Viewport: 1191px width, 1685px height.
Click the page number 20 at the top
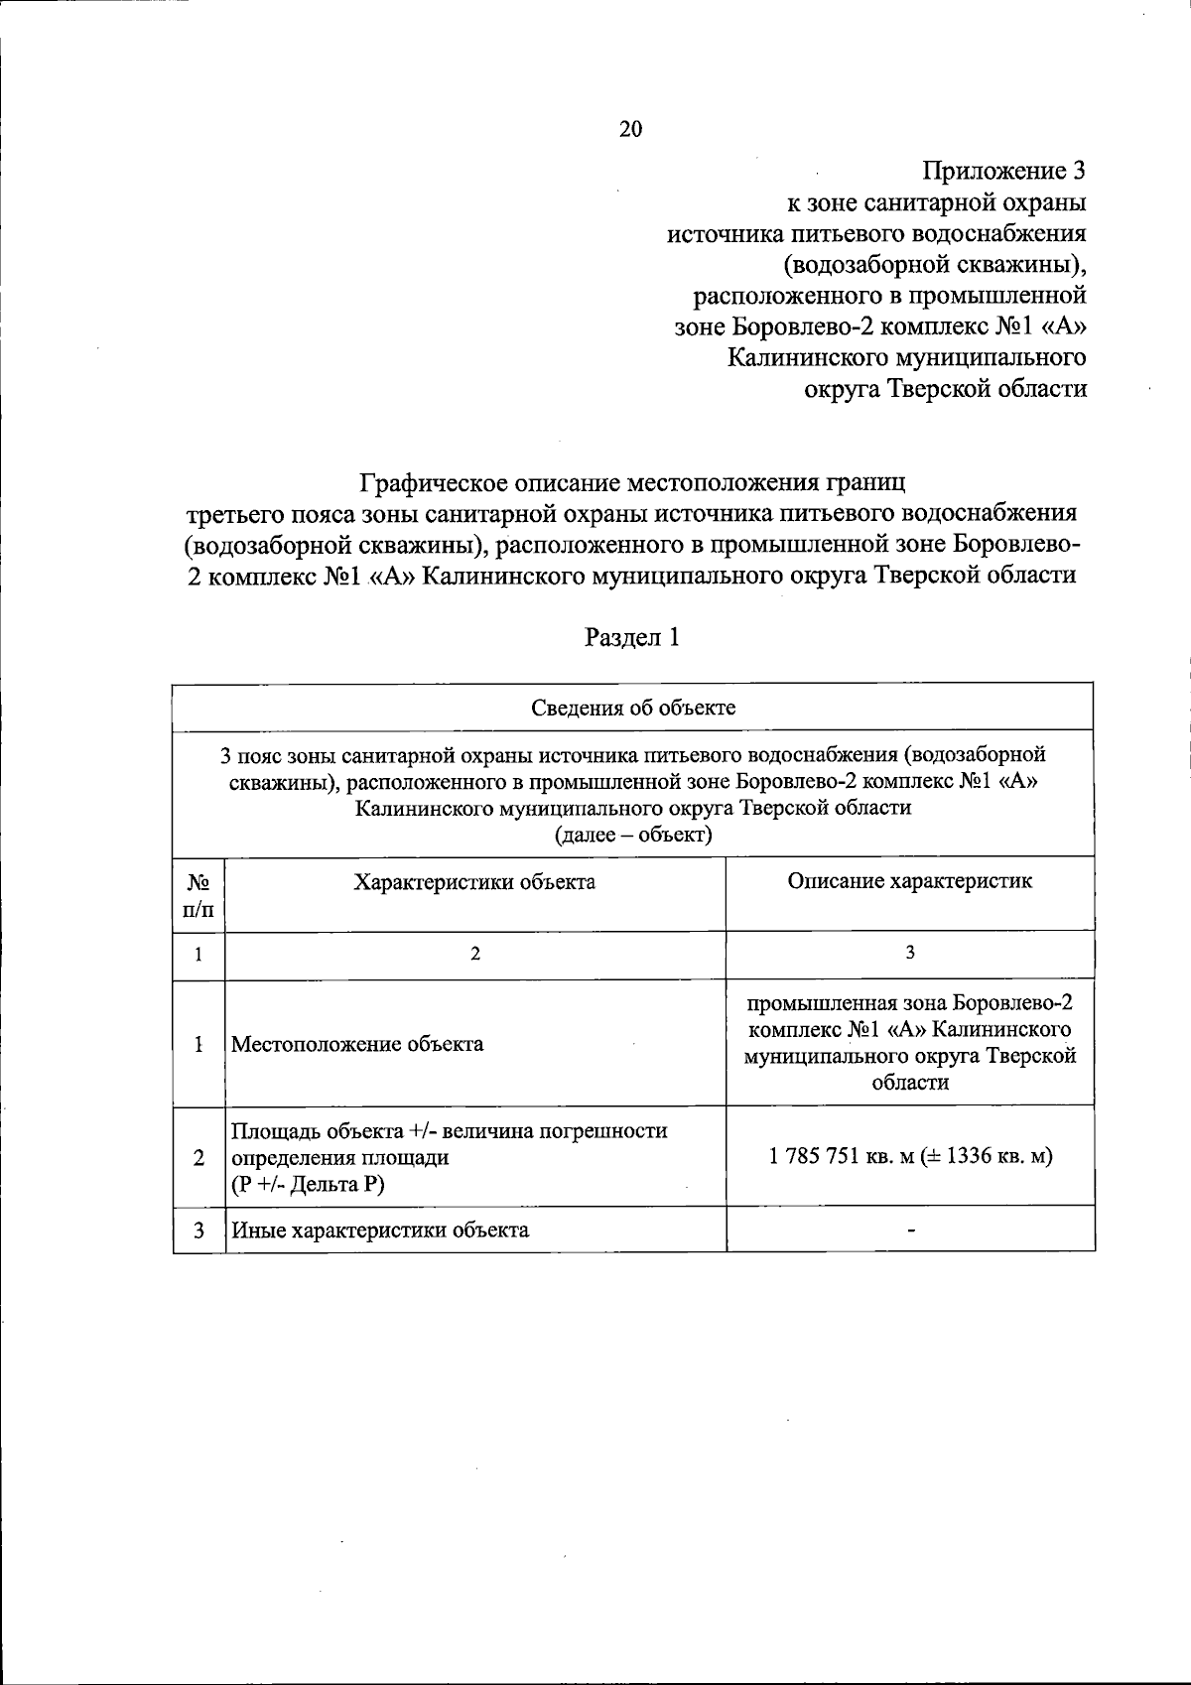631,129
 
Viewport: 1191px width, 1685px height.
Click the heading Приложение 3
1003,171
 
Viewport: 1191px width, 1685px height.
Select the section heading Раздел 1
632,637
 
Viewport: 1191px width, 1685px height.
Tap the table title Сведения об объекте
632,708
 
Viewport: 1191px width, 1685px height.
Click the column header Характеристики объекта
475,881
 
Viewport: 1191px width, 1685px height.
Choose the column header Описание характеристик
909,880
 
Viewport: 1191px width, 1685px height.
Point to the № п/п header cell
198,894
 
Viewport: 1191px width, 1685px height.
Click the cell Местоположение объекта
357,1044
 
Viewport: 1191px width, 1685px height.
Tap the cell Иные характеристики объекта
380,1231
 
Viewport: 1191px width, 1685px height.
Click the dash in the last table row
910,1231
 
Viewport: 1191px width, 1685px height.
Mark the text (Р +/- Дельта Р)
308,1184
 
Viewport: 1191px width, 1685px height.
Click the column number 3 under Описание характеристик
910,953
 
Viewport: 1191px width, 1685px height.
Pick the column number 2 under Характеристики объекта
475,954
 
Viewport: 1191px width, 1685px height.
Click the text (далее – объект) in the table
633,835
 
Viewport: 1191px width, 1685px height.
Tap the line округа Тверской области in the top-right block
945,389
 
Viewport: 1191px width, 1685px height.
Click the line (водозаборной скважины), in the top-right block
935,265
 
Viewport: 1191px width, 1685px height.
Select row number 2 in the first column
199,1157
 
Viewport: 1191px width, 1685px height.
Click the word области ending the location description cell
910,1083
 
